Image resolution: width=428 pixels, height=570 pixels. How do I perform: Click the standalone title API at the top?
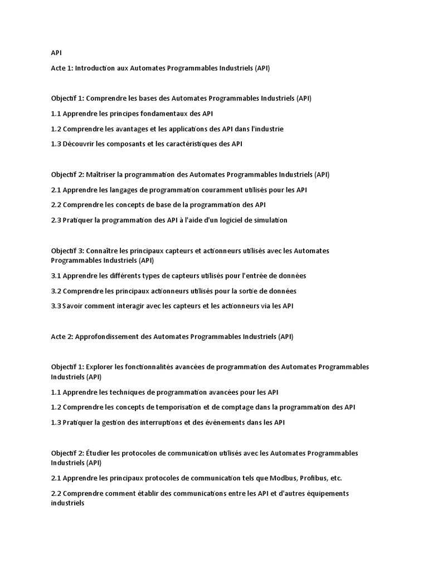click(56, 53)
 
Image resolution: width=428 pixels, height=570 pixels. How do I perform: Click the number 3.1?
click(56, 276)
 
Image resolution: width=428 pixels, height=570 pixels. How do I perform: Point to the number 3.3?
click(56, 306)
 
